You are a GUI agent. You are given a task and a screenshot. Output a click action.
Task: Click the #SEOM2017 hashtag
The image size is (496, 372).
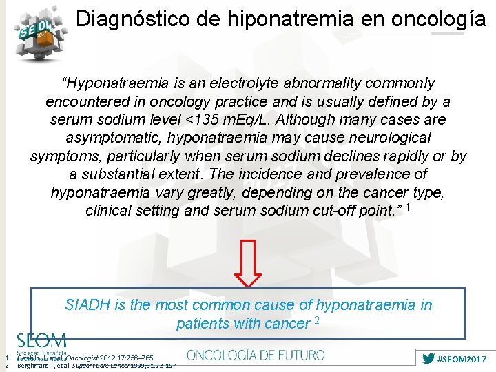[457, 359]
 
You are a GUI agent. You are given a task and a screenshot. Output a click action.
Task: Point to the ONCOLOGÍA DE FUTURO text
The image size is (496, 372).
[256, 355]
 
